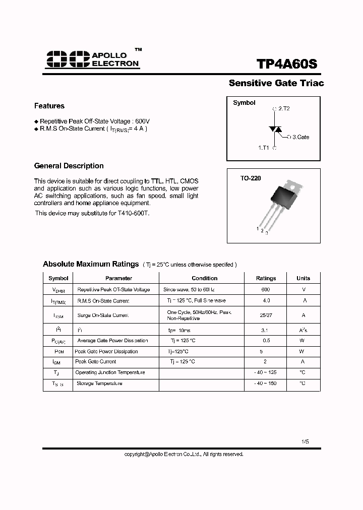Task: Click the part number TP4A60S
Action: click(287, 65)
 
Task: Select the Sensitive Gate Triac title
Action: click(276, 83)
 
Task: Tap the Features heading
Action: click(49, 106)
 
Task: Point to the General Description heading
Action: click(69, 166)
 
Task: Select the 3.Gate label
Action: click(301, 137)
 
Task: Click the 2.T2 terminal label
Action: click(284, 109)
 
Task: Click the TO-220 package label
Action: click(251, 178)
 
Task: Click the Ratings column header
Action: click(266, 278)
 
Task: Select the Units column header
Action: click(303, 278)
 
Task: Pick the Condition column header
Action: click(205, 278)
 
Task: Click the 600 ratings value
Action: click(266, 290)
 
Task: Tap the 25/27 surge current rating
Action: click(266, 315)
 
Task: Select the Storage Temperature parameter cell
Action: click(99, 384)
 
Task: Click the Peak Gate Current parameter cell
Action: click(96, 362)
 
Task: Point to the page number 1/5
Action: click(305, 441)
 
